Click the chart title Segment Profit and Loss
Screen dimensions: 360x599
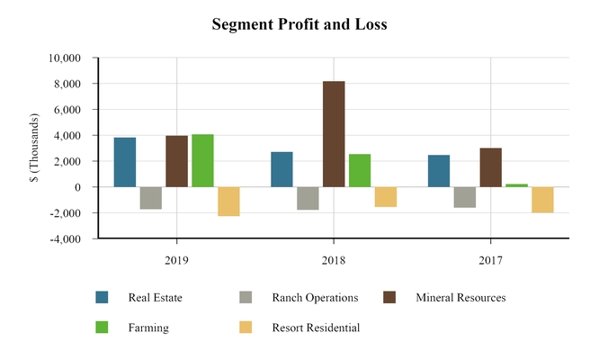(299, 24)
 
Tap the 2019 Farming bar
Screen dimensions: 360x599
(202, 160)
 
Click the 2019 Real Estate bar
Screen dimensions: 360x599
(125, 162)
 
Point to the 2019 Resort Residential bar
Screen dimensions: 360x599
(228, 202)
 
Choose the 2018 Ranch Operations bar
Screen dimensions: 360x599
(308, 198)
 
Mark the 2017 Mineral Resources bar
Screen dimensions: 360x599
(490, 167)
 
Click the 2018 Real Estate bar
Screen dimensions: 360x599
(282, 169)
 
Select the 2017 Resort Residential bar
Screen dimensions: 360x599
(542, 200)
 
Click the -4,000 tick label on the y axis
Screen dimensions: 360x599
(65, 239)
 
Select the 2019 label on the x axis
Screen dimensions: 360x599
(176, 259)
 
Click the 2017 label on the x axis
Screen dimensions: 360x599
(490, 259)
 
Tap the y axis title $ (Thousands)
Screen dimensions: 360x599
(34, 148)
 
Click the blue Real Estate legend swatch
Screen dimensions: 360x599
(103, 298)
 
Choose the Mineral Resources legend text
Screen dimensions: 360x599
(460, 298)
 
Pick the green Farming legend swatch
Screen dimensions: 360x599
(103, 328)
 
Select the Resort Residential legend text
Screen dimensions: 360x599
(316, 328)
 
